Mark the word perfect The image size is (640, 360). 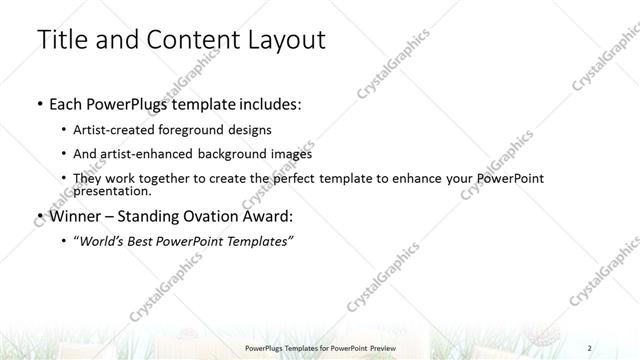click(x=293, y=178)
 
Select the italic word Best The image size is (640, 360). click(x=148, y=241)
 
